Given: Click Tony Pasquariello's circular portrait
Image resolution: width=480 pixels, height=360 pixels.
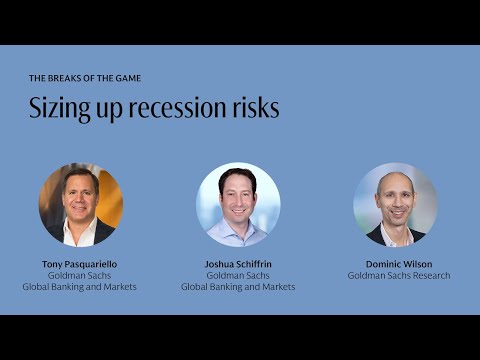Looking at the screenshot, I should pos(80,205).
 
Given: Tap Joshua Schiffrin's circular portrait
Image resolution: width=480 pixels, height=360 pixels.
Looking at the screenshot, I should pos(238,205).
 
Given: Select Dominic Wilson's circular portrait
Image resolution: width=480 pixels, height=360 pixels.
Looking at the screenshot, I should pos(396,205).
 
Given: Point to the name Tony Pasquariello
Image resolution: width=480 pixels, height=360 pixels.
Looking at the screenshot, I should pos(80,264).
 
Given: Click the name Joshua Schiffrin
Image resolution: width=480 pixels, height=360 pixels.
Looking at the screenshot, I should pos(238,264).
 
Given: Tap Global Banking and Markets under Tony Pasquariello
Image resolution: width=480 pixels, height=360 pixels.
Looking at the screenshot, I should pos(80,286).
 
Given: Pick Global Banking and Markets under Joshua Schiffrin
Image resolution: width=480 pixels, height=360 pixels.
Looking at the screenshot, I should pos(238,286).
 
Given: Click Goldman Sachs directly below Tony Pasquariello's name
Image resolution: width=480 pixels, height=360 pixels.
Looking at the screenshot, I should pos(80,275).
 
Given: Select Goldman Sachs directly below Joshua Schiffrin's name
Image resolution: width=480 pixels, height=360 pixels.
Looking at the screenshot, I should pos(238,275).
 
